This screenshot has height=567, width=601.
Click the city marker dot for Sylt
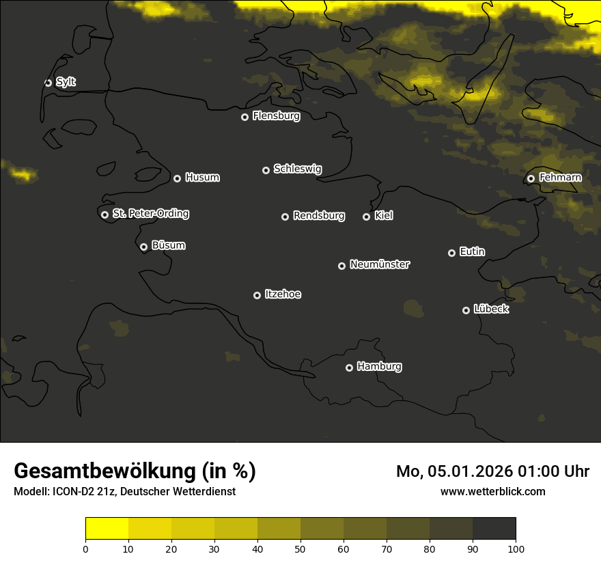click(48, 83)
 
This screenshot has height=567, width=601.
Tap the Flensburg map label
click(276, 116)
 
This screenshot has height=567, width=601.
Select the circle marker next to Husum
click(177, 178)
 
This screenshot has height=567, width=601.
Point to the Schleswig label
click(297, 169)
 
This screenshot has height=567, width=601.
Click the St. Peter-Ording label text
click(150, 214)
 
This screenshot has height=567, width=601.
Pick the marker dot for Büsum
click(143, 247)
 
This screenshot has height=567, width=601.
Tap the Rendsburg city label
click(318, 216)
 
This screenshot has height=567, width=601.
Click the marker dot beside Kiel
click(366, 217)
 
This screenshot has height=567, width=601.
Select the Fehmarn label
click(560, 178)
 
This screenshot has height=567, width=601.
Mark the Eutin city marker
click(451, 253)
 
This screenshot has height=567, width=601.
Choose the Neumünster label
click(379, 264)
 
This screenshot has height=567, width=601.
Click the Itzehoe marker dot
click(257, 295)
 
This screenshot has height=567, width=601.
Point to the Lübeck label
click(491, 309)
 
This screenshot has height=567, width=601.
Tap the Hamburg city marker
click(349, 368)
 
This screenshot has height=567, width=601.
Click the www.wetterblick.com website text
click(492, 491)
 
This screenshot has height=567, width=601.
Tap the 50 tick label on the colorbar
click(300, 548)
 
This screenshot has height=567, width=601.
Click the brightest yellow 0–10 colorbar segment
click(107, 529)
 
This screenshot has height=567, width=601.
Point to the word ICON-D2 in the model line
click(71, 491)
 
